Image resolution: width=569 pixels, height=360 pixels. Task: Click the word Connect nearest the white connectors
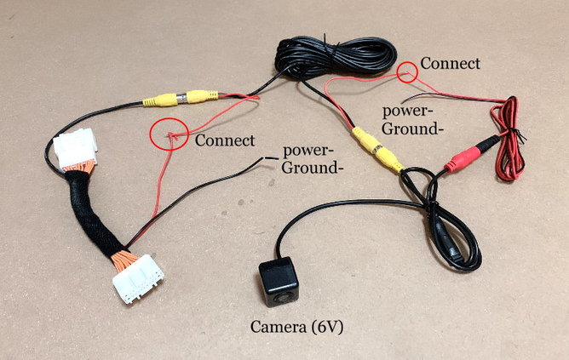click(x=225, y=140)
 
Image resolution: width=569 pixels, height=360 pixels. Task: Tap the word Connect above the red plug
click(x=451, y=64)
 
